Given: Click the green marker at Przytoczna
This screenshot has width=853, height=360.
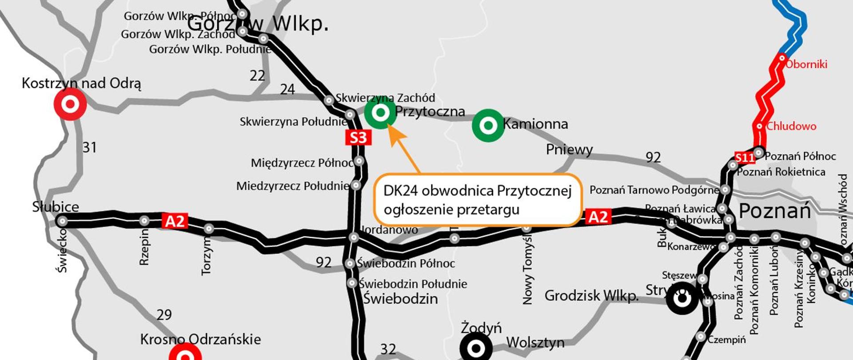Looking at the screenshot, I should click(x=380, y=113).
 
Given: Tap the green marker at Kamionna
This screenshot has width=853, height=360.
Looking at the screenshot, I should click(x=488, y=125).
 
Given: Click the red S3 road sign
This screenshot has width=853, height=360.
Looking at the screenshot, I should click(x=358, y=138).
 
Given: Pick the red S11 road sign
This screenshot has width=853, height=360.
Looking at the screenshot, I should click(x=745, y=158).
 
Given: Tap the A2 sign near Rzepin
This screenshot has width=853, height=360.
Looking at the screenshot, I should click(x=175, y=221).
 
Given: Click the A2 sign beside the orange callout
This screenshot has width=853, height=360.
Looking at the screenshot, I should click(x=598, y=217).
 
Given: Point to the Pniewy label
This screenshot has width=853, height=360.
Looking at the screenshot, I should click(x=569, y=150).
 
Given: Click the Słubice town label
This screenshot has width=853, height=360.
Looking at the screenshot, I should click(x=56, y=207).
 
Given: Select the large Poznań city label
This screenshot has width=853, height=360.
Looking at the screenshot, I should click(x=775, y=211).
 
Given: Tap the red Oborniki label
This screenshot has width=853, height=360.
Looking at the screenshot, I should click(x=806, y=64).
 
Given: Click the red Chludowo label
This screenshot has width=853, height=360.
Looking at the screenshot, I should click(x=791, y=126).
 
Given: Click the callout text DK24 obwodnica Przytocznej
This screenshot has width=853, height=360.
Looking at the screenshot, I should click(x=477, y=191).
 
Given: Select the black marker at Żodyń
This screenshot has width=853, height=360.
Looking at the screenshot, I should click(x=476, y=348).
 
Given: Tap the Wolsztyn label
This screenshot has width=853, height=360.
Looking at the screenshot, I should click(x=535, y=343).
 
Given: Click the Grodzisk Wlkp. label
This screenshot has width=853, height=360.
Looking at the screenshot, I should click(x=591, y=296).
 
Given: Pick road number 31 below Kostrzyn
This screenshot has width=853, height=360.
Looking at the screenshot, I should click(x=89, y=147).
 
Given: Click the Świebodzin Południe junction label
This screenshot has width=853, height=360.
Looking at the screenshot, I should click(x=413, y=284).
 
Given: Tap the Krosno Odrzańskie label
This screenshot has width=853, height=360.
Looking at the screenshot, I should click(x=200, y=340).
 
